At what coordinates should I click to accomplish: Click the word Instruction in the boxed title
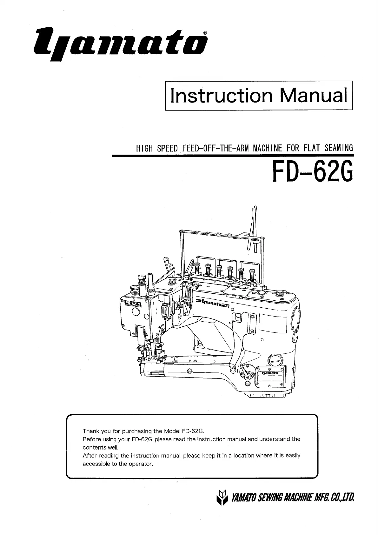point(221,96)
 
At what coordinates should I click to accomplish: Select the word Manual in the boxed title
point(313,96)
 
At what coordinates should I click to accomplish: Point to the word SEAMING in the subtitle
point(338,148)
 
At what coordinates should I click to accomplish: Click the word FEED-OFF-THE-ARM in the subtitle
point(216,148)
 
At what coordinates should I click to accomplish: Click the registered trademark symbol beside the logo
point(205,33)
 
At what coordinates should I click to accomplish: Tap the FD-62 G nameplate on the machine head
point(133,304)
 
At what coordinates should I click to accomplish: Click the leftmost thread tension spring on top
point(197,269)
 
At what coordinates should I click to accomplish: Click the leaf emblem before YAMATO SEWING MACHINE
point(222,498)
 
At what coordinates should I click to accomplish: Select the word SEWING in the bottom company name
point(267,498)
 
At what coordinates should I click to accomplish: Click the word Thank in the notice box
point(91,431)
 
